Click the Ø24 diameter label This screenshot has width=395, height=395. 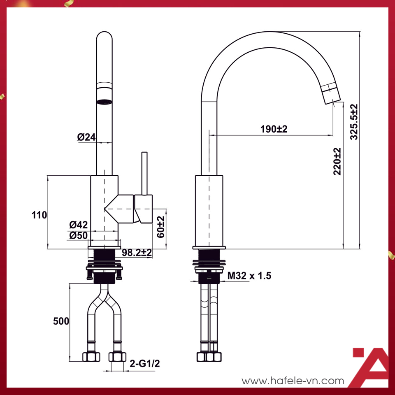tap(86, 137)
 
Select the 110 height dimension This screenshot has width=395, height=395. tap(39, 214)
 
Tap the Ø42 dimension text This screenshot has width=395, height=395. tap(79, 225)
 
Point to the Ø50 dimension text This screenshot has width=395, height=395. tap(79, 235)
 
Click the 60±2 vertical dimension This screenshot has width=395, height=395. tap(160, 227)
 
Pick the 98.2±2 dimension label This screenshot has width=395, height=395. tap(137, 253)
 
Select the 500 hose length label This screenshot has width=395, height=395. tap(61, 321)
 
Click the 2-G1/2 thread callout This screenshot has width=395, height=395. tap(144, 363)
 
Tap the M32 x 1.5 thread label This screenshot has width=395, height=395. tap(250, 276)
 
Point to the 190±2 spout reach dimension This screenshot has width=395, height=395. tap(274, 129)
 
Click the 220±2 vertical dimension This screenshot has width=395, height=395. tap(337, 161)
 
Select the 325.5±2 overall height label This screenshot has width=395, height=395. tap(354, 122)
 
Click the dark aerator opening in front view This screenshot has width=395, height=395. tap(104, 101)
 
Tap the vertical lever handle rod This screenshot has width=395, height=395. tap(144, 173)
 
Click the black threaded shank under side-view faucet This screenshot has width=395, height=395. tap(209, 278)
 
